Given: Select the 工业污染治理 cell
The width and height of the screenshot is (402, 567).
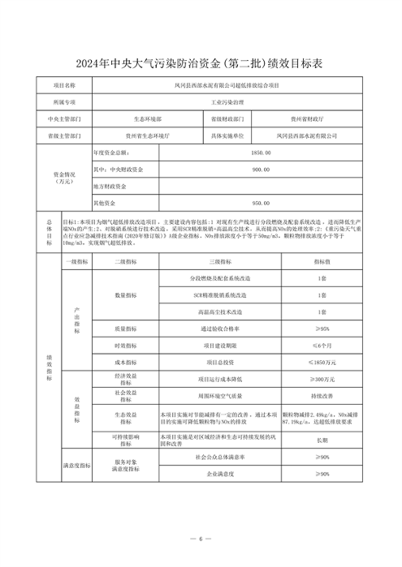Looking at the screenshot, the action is click(227, 104).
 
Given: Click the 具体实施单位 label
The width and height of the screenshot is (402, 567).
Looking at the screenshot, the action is click(227, 135).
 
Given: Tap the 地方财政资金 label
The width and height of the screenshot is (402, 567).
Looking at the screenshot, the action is click(113, 187).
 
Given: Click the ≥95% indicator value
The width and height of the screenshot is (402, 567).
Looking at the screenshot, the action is click(322, 329).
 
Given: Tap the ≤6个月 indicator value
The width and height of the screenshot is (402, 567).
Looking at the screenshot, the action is click(322, 346).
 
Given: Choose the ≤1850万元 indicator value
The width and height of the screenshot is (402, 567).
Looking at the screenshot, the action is click(322, 363).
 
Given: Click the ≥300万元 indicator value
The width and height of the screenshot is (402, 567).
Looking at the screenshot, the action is click(322, 380).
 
